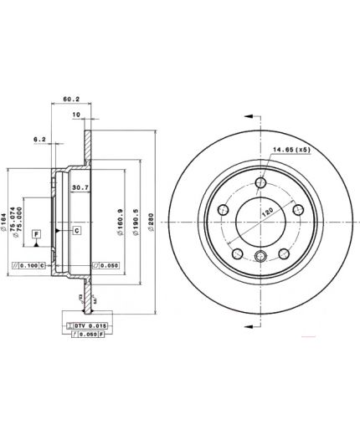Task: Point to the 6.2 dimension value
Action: (x=39, y=139)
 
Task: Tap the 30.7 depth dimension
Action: (x=80, y=188)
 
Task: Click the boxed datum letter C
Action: (x=76, y=230)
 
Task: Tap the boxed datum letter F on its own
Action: (x=37, y=235)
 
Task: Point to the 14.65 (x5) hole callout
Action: (x=290, y=150)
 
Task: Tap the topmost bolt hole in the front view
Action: (x=262, y=184)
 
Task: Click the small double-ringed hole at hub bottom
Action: (x=261, y=258)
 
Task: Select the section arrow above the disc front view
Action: (x=249, y=116)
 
